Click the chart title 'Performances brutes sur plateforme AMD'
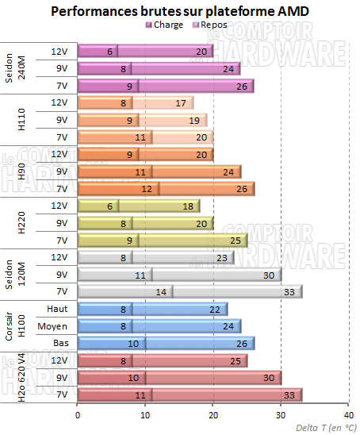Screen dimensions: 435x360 coord(180,11)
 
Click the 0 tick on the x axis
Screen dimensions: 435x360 coord(78,414)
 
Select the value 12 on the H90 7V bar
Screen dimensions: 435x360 coord(146,188)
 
